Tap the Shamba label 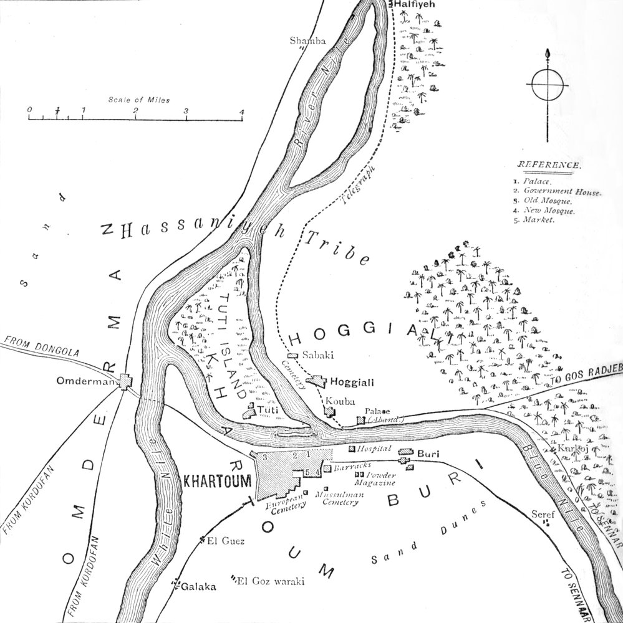coord(307,40)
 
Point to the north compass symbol coord(548,85)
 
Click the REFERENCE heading coord(549,166)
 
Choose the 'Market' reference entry coord(539,221)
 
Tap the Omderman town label coord(95,381)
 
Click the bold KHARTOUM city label coord(217,480)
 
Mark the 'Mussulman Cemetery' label coord(340,498)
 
